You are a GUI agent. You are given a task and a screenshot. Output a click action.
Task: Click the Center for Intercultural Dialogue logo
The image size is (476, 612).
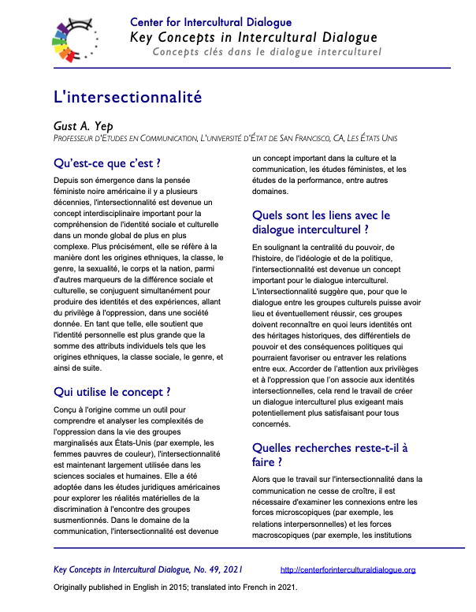pos(76,39)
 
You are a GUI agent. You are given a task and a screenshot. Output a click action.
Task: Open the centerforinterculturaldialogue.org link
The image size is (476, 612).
pos(348,569)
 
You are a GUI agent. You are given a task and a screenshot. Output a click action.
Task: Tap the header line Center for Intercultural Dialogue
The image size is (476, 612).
pos(210,22)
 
